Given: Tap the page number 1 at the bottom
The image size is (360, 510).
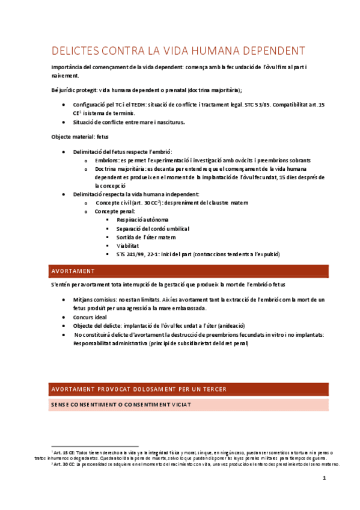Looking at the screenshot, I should (324, 479).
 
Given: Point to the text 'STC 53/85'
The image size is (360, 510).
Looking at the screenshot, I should (257, 105).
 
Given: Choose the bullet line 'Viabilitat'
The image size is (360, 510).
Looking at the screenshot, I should (127, 246).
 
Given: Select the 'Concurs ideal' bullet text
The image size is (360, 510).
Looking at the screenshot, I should (91, 317).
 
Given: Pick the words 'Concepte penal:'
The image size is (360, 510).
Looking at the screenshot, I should (115, 212).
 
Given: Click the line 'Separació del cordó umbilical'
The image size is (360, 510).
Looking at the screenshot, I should (153, 229).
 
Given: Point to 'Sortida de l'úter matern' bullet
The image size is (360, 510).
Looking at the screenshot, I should (146, 238).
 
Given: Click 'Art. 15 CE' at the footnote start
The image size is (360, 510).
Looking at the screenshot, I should (64, 452).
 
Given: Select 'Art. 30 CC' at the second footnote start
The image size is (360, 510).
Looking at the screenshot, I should (64, 464).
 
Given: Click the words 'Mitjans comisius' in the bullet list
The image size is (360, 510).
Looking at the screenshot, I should (94, 300).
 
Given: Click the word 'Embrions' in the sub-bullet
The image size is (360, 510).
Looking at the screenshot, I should (106, 161).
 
